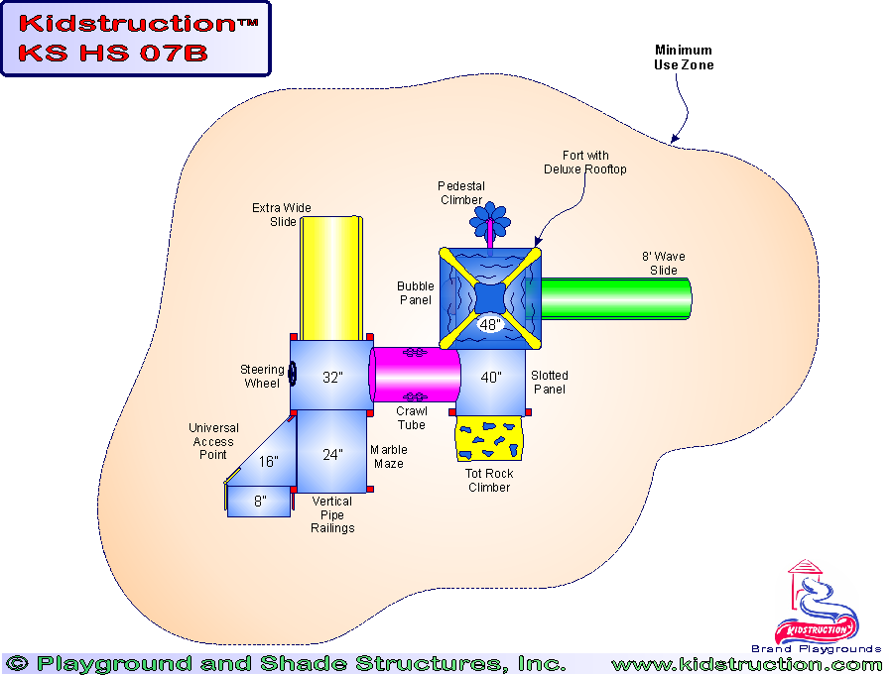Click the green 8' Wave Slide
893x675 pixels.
pyautogui.click(x=615, y=298)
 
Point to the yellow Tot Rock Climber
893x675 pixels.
pyautogui.click(x=488, y=439)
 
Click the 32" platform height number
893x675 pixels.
pyautogui.click(x=332, y=378)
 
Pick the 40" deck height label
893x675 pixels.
pyautogui.click(x=491, y=378)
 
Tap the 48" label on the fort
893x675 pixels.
pyautogui.click(x=490, y=324)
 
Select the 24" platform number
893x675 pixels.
pyautogui.click(x=332, y=455)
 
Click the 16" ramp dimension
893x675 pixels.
pyautogui.click(x=268, y=462)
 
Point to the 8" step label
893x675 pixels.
pyautogui.click(x=259, y=502)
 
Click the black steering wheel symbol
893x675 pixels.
pyautogui.click(x=293, y=376)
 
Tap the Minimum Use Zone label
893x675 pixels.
pyautogui.click(x=684, y=57)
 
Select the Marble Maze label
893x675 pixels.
pyautogui.click(x=389, y=457)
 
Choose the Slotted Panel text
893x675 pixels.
pyautogui.click(x=550, y=383)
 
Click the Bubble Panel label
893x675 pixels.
pyautogui.click(x=416, y=293)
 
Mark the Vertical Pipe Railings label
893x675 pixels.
pyautogui.click(x=332, y=514)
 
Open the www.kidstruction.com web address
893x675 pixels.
pyautogui.click(x=746, y=664)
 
